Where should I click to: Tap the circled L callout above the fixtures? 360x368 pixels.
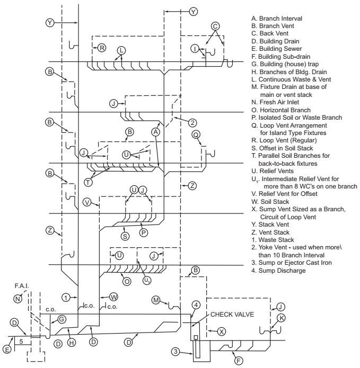(x=121, y=50)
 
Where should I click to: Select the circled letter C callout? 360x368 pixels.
(x=215, y=26)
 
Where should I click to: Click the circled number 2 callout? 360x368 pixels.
(x=192, y=122)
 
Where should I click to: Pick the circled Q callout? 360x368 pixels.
(x=196, y=134)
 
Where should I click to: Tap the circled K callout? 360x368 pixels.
(x=282, y=318)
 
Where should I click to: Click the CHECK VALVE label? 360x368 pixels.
(x=233, y=315)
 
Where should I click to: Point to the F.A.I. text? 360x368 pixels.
(x=21, y=286)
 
